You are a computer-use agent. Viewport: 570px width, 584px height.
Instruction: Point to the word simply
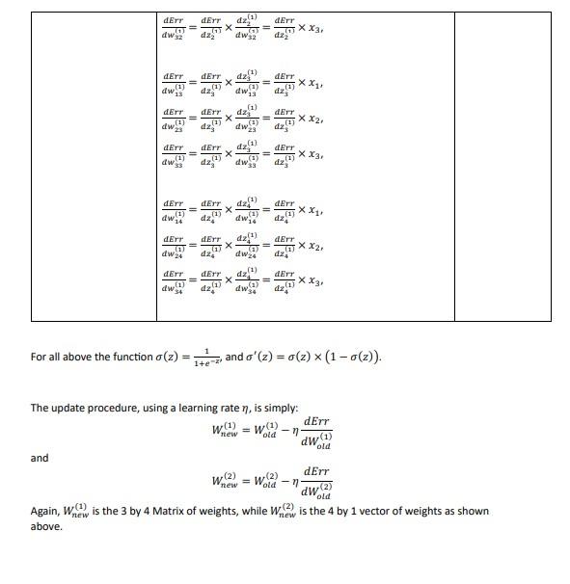point(279,408)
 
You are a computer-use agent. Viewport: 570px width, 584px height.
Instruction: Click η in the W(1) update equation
point(294,432)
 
